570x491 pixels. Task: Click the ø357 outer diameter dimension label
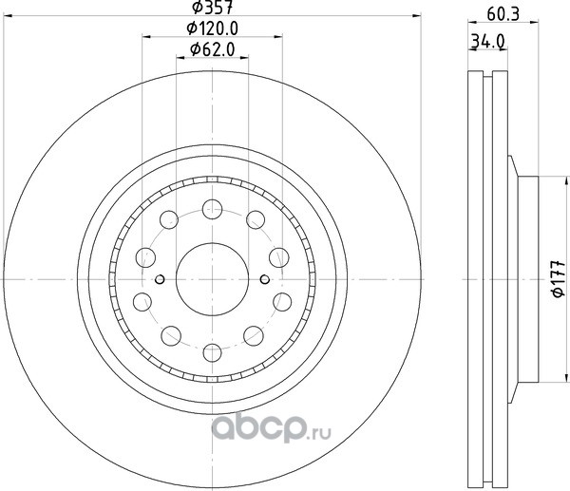(x=212, y=8)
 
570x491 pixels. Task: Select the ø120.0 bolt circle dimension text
(x=212, y=28)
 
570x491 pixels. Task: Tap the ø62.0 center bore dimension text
(x=213, y=49)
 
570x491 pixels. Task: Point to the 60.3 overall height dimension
(x=503, y=14)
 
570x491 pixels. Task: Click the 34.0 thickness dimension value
(x=488, y=41)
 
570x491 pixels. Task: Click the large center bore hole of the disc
(x=212, y=279)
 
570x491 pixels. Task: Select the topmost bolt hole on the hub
(x=212, y=209)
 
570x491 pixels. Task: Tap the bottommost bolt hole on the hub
(x=213, y=352)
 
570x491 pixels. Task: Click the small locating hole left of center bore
(x=160, y=279)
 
